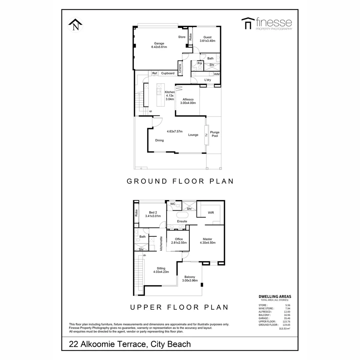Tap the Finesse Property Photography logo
point(266,24)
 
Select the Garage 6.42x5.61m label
point(159,45)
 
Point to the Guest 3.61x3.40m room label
point(207,39)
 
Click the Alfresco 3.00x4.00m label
point(189,101)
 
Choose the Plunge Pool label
point(215,134)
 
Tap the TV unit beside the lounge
point(207,135)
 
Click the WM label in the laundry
point(217,74)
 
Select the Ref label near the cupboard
point(155,73)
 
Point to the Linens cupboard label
point(180,68)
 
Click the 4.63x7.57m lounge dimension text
point(175,131)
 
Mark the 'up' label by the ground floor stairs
point(151,111)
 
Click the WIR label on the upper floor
point(211,212)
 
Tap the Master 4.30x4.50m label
point(207,241)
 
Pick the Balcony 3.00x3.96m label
point(190,279)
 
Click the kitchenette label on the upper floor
point(161,243)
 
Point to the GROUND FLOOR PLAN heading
point(180,181)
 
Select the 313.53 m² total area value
point(284,329)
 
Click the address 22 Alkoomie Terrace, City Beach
point(130,344)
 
